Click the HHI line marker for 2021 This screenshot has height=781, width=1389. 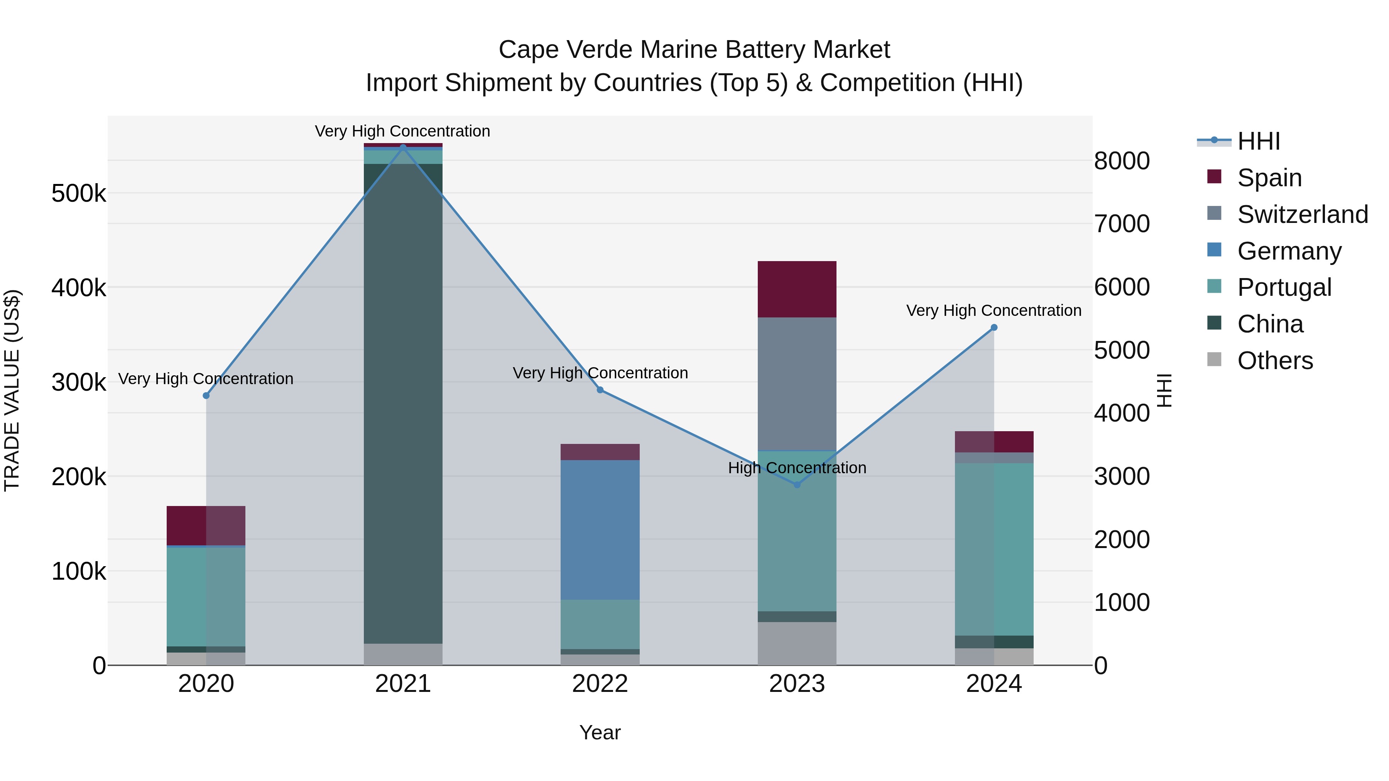(403, 147)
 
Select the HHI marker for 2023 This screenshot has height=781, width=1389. (797, 484)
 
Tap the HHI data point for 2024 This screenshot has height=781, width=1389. (994, 327)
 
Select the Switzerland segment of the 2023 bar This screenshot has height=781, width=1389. (797, 384)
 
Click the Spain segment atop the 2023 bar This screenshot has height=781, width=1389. (797, 289)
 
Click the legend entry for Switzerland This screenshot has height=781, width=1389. (1302, 214)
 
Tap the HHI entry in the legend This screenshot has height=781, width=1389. (1259, 141)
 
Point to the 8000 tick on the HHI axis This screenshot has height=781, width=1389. (1122, 160)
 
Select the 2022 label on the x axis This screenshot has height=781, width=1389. (600, 683)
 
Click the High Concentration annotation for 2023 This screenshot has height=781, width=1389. (797, 467)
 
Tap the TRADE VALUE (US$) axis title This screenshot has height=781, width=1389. (12, 390)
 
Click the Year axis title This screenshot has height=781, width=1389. (600, 732)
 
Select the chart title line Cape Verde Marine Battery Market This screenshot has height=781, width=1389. (694, 50)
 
